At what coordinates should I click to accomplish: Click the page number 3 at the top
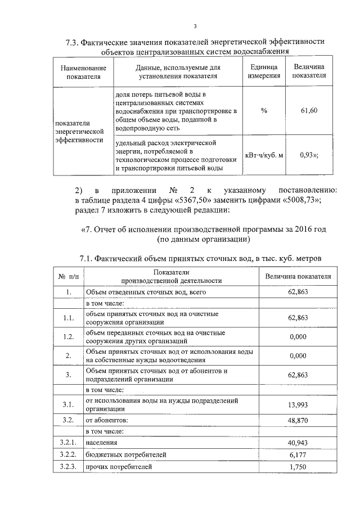click(x=195, y=26)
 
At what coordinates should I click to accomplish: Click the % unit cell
click(x=264, y=110)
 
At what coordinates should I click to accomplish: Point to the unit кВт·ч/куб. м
click(x=264, y=155)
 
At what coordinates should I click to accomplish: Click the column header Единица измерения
click(x=264, y=71)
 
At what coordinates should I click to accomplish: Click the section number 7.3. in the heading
click(x=75, y=42)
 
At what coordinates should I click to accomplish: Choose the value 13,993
click(x=298, y=404)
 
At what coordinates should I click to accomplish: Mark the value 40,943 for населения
click(x=298, y=443)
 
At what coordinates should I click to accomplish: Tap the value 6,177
click(x=298, y=454)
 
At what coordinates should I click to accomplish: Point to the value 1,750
click(x=298, y=467)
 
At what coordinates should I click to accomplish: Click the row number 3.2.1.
click(x=68, y=443)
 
